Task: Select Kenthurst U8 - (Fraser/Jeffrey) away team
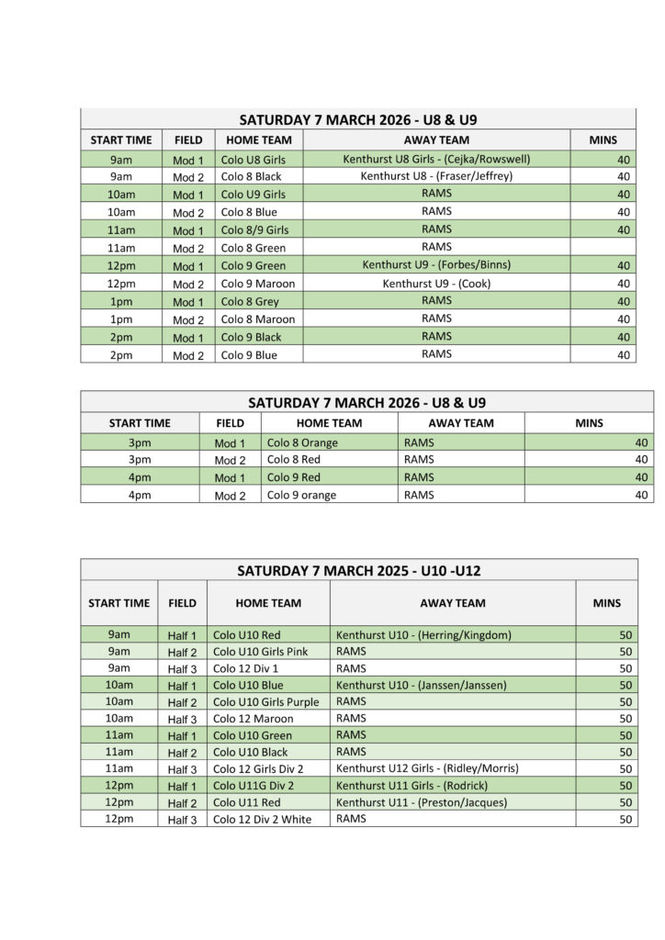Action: (x=436, y=176)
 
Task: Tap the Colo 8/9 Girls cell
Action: (x=255, y=230)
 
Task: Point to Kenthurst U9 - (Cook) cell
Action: (x=436, y=284)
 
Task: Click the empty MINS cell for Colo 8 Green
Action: (x=603, y=248)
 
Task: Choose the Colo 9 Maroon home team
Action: (x=258, y=284)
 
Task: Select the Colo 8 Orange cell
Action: (x=302, y=442)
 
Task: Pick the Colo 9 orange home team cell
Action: (x=301, y=496)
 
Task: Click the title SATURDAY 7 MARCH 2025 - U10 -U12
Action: (x=358, y=570)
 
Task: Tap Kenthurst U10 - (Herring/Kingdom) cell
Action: (x=423, y=635)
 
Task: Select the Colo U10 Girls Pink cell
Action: (x=260, y=652)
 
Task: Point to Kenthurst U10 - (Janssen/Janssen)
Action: (x=422, y=686)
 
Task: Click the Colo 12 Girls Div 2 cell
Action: (x=258, y=769)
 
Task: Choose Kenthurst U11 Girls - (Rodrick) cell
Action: (x=411, y=786)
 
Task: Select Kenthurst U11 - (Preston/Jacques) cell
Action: (x=421, y=802)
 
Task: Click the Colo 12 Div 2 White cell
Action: (x=262, y=820)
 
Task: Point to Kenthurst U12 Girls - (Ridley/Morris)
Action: (x=427, y=769)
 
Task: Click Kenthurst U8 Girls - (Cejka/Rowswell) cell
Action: (x=436, y=160)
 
